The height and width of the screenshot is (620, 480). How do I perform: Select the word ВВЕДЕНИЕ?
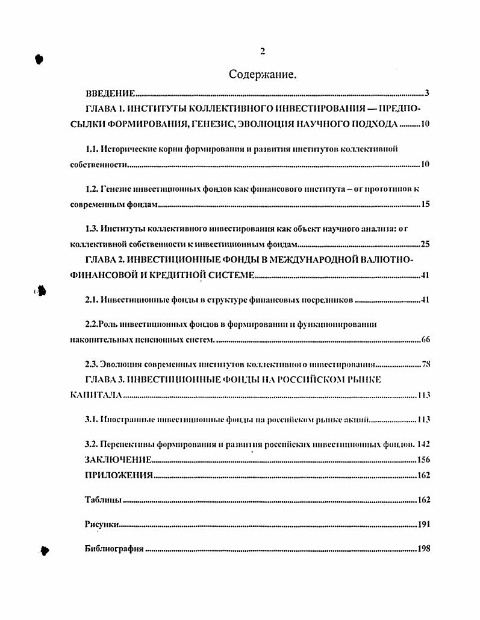[109, 93]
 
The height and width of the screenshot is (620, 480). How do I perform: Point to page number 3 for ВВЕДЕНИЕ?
[426, 93]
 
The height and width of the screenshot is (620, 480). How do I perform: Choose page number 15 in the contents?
[425, 204]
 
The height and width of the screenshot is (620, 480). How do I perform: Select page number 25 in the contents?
[425, 245]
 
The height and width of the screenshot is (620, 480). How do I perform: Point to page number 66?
[425, 340]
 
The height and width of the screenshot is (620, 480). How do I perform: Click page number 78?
[425, 364]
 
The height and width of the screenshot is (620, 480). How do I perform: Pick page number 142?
[423, 444]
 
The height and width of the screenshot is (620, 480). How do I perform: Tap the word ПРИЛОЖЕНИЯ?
[118, 475]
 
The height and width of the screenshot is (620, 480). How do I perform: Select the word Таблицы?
[103, 500]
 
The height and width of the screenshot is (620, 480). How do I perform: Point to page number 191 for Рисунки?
[423, 525]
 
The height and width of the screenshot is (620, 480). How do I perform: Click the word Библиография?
[113, 549]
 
